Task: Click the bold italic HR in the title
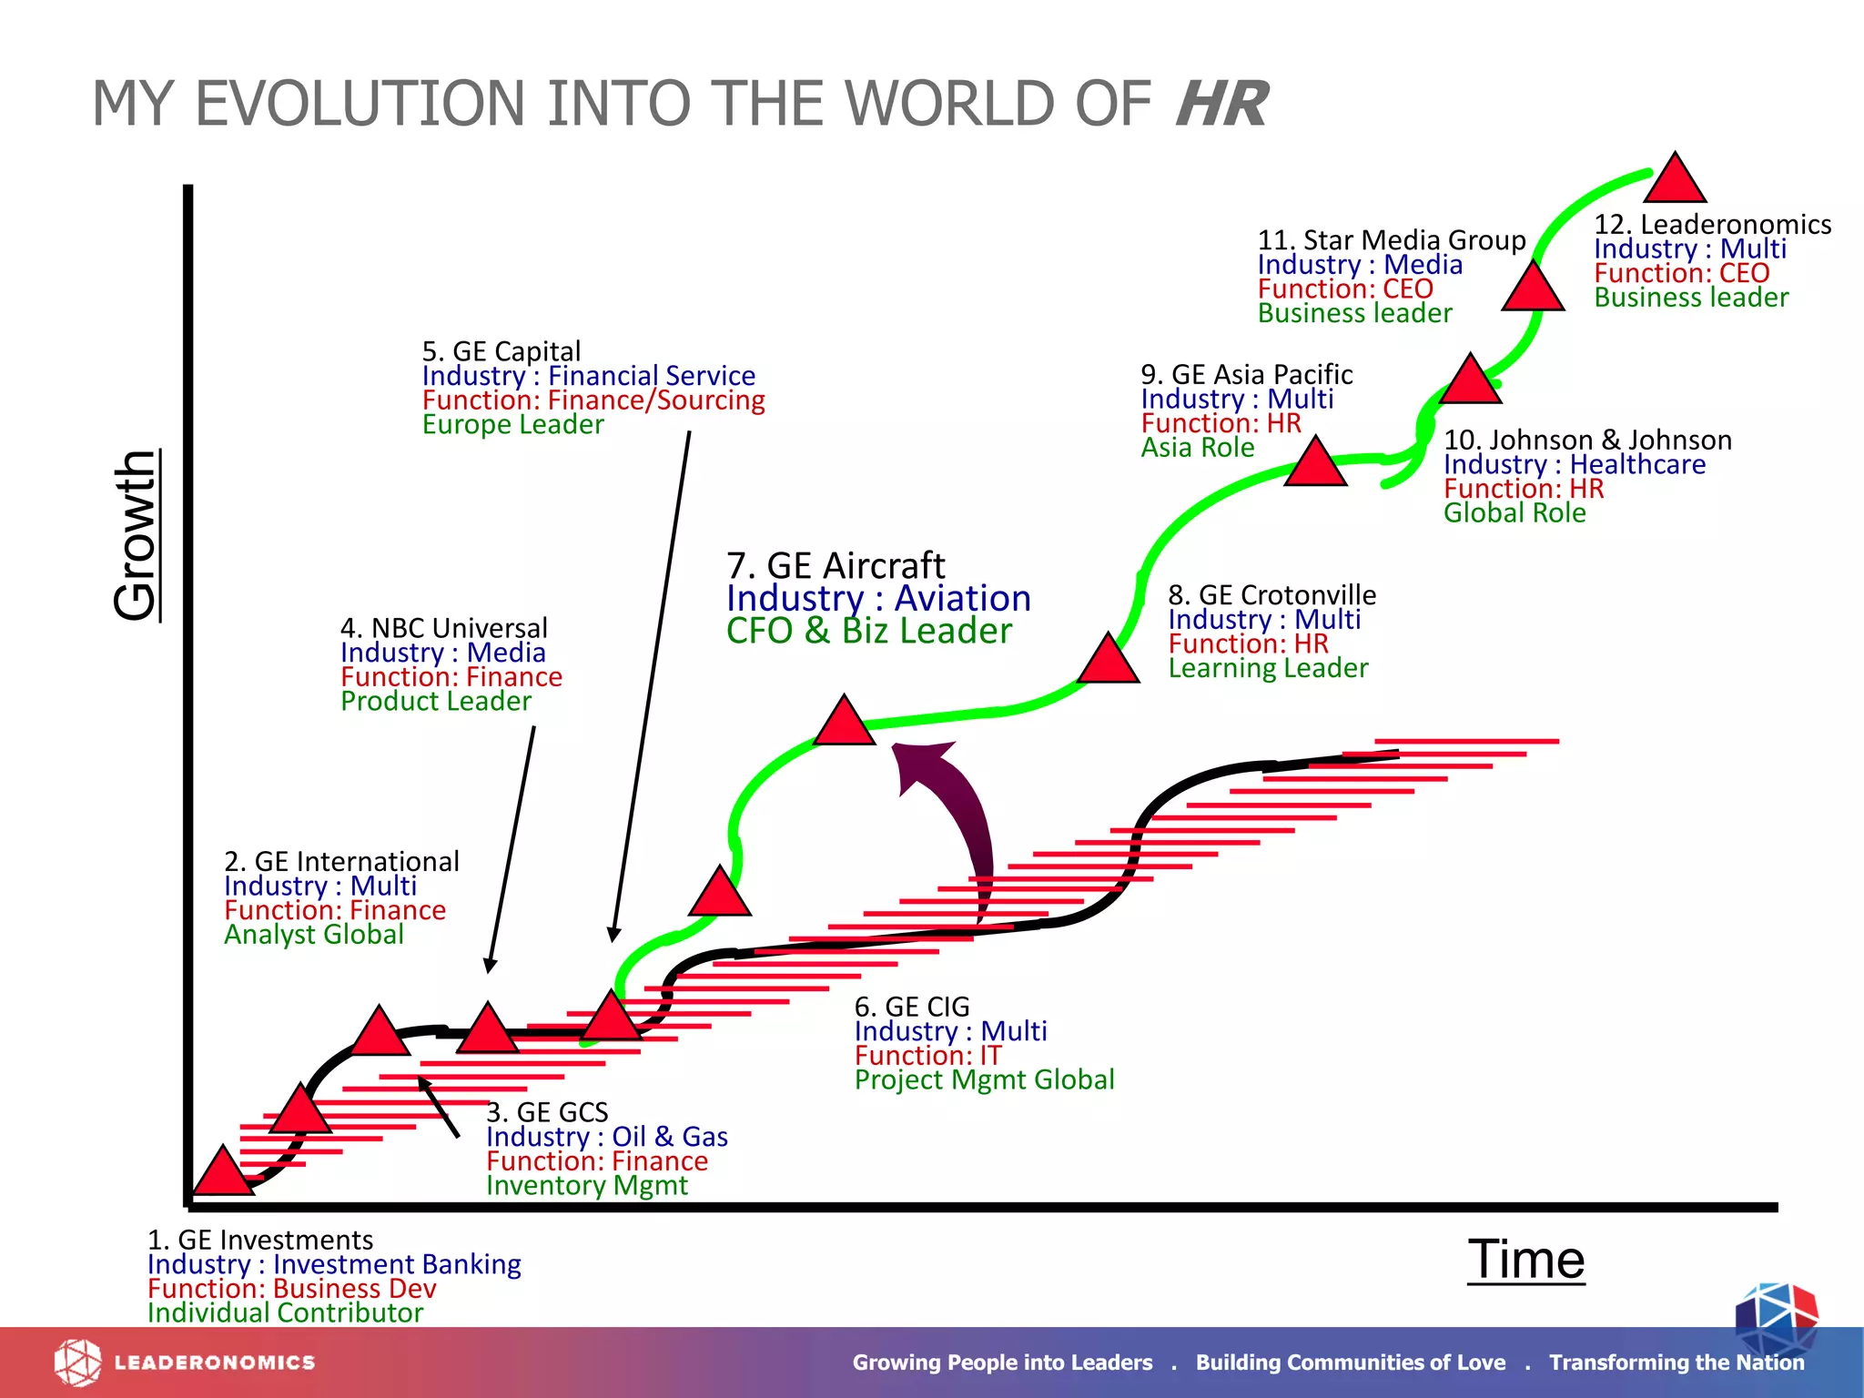coord(1221,105)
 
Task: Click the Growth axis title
coord(137,535)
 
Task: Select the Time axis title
coord(1526,1260)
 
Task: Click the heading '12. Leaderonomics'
coord(1712,224)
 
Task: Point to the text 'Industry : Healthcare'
coord(1575,464)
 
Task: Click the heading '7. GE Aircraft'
coord(836,565)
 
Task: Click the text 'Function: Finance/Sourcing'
coord(593,400)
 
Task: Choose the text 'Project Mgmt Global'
coord(984,1079)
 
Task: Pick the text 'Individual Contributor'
coord(285,1312)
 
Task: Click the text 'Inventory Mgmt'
coord(587,1185)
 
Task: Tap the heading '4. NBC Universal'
coord(444,628)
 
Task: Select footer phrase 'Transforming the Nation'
coord(1677,1363)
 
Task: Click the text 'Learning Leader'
coord(1268,668)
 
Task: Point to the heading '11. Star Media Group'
coord(1392,240)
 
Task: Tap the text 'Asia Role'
coord(1198,448)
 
